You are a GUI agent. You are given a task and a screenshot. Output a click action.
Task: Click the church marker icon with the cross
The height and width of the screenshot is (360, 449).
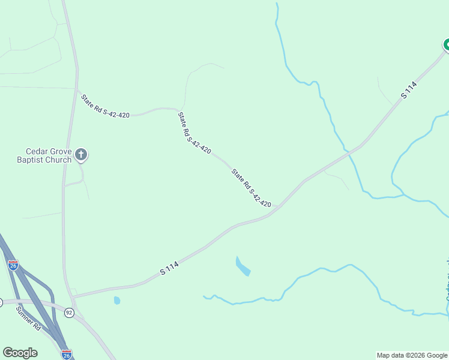click(82, 155)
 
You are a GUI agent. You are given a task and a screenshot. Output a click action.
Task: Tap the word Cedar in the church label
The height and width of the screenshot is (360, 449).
click(37, 151)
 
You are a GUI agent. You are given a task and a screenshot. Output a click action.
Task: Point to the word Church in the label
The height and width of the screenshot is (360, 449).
click(58, 160)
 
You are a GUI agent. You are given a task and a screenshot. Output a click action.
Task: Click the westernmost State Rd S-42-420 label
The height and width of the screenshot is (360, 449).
click(106, 106)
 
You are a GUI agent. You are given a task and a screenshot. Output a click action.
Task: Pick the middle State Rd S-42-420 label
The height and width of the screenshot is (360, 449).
click(194, 132)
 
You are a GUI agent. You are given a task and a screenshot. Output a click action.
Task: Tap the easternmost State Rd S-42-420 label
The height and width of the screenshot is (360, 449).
click(252, 188)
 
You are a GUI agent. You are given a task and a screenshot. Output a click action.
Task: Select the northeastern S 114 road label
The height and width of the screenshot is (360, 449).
click(409, 90)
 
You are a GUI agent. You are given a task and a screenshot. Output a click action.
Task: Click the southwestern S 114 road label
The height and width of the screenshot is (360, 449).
click(169, 268)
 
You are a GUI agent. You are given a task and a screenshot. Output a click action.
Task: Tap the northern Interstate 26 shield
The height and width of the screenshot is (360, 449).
click(13, 264)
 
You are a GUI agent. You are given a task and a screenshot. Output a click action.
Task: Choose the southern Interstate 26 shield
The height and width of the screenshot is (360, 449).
click(66, 354)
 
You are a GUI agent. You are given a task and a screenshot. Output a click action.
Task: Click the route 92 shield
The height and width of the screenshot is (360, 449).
click(69, 313)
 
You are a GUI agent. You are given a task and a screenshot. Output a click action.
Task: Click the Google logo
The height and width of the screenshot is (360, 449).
click(20, 353)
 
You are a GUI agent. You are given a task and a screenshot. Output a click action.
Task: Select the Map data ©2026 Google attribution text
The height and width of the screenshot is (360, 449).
click(412, 355)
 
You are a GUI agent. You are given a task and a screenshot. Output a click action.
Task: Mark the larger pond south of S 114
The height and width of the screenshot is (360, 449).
click(243, 266)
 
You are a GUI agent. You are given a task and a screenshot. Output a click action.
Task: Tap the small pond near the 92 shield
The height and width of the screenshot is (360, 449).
click(117, 300)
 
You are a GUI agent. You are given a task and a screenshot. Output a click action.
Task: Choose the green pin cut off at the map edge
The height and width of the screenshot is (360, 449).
click(446, 44)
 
